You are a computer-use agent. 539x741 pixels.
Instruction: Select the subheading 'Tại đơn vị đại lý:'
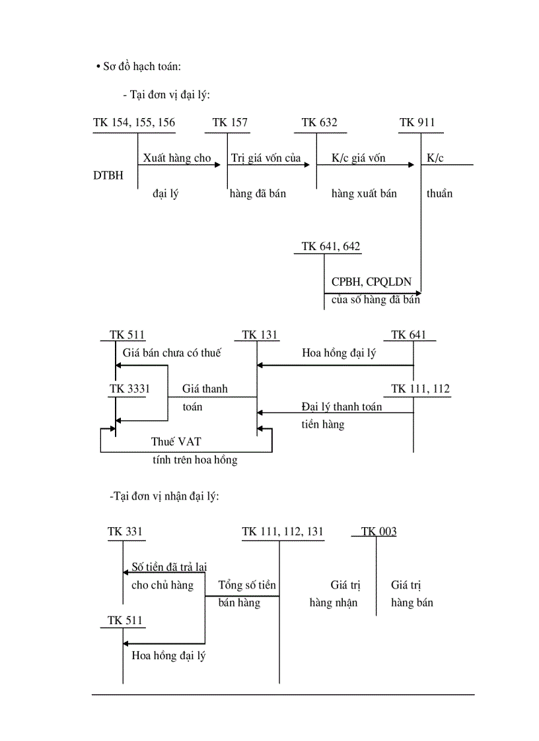pos(166,95)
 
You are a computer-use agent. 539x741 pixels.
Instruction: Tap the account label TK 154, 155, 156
pos(134,123)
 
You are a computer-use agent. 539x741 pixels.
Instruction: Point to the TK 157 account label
pos(231,123)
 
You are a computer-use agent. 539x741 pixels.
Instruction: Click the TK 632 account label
pos(320,123)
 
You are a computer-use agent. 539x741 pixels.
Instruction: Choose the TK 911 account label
pos(417,123)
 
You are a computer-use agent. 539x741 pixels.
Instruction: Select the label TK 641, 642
pos(331,246)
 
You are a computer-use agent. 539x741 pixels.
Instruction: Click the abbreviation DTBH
pos(108,176)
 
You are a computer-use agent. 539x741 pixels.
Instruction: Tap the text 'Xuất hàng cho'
pos(177,158)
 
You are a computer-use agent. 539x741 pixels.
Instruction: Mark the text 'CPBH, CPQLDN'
pos(371,282)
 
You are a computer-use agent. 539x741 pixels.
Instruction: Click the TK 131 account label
pos(260,335)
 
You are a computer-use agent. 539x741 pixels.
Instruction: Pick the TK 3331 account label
pos(130,389)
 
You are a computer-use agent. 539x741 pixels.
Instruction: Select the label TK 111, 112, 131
pos(283,531)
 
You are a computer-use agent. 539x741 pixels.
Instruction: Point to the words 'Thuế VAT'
pos(172,441)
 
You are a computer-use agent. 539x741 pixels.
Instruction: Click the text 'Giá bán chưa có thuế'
pos(172,353)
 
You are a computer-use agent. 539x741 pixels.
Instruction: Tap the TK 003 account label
pos(379,531)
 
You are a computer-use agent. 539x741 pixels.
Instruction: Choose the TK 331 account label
pos(126,531)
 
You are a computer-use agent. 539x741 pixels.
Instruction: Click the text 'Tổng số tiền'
pos(247,585)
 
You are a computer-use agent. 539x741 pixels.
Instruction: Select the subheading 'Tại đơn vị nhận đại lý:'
pos(164,496)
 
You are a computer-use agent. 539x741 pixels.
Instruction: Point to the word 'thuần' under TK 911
pos(440,194)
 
